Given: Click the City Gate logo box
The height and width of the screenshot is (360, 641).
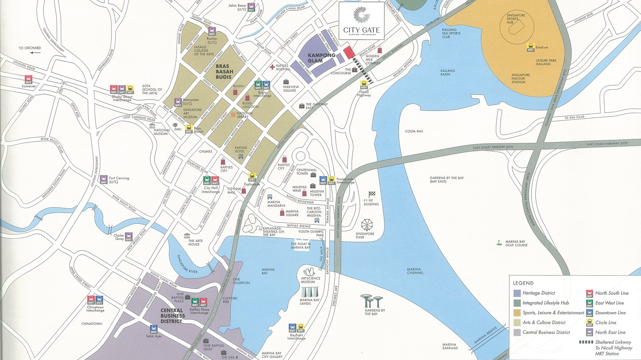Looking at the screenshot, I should pyautogui.click(x=361, y=20).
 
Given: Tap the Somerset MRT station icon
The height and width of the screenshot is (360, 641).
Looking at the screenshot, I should pyautogui.click(x=29, y=79).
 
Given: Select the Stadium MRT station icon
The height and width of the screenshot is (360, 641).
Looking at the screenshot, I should pyautogui.click(x=530, y=47).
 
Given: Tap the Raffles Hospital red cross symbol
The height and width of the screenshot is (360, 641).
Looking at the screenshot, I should pyautogui.click(x=272, y=67).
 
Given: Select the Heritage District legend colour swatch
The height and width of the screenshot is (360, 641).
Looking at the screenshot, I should pyautogui.click(x=517, y=293).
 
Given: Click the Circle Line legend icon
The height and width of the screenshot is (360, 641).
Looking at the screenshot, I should pyautogui.click(x=589, y=322).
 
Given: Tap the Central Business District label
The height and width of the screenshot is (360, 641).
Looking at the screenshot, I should pyautogui.click(x=173, y=316).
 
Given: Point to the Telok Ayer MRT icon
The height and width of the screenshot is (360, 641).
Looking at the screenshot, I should pyautogui.click(x=154, y=329).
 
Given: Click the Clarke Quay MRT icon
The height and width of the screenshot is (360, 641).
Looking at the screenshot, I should pyautogui.click(x=129, y=236).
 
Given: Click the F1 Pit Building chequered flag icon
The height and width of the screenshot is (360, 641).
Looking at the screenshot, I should pyautogui.click(x=372, y=194).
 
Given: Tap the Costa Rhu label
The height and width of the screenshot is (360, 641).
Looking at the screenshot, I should pyautogui.click(x=414, y=131).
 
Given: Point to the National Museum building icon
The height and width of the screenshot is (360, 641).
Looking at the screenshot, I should pyautogui.click(x=152, y=126).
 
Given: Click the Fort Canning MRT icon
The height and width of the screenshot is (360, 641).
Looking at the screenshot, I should pyautogui.click(x=103, y=179).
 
